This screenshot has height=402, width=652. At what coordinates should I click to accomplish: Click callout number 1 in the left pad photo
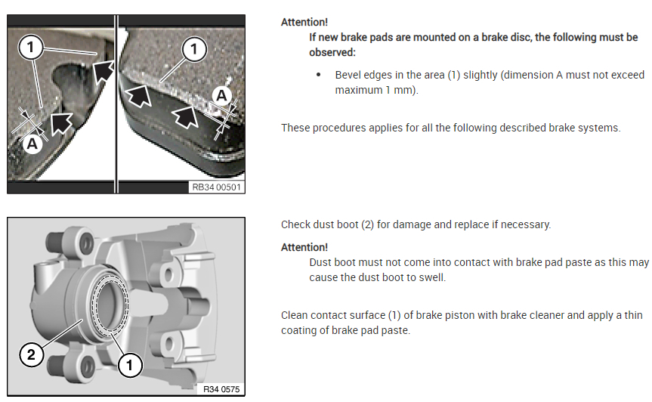pos(30,47)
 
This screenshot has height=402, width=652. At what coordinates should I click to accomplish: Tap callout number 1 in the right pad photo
pos(193,49)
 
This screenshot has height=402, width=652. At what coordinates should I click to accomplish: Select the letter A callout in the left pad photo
pos(32,144)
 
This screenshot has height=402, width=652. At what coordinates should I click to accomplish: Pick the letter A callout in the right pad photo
pos(221,96)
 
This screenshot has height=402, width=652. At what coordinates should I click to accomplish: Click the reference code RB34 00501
pos(216,187)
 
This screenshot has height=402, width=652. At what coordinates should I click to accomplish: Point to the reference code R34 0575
pos(221,389)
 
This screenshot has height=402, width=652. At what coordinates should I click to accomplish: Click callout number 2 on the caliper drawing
pos(31,354)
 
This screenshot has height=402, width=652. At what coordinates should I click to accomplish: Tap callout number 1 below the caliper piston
pos(130,366)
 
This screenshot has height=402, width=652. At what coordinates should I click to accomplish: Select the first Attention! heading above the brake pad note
pos(304,22)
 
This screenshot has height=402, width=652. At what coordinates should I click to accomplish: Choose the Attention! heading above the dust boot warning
pos(304,247)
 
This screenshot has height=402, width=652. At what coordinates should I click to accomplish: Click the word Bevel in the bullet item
pos(348,75)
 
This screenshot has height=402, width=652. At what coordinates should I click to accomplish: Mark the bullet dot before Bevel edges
pos(319,75)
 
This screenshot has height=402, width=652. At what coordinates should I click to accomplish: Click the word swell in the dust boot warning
pos(431,277)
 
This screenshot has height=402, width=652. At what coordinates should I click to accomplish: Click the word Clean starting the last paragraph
pos(294,315)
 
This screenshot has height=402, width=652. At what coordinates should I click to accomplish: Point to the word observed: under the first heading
pos(332,52)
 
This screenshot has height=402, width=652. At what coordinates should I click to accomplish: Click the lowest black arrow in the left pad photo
pos(61,123)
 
